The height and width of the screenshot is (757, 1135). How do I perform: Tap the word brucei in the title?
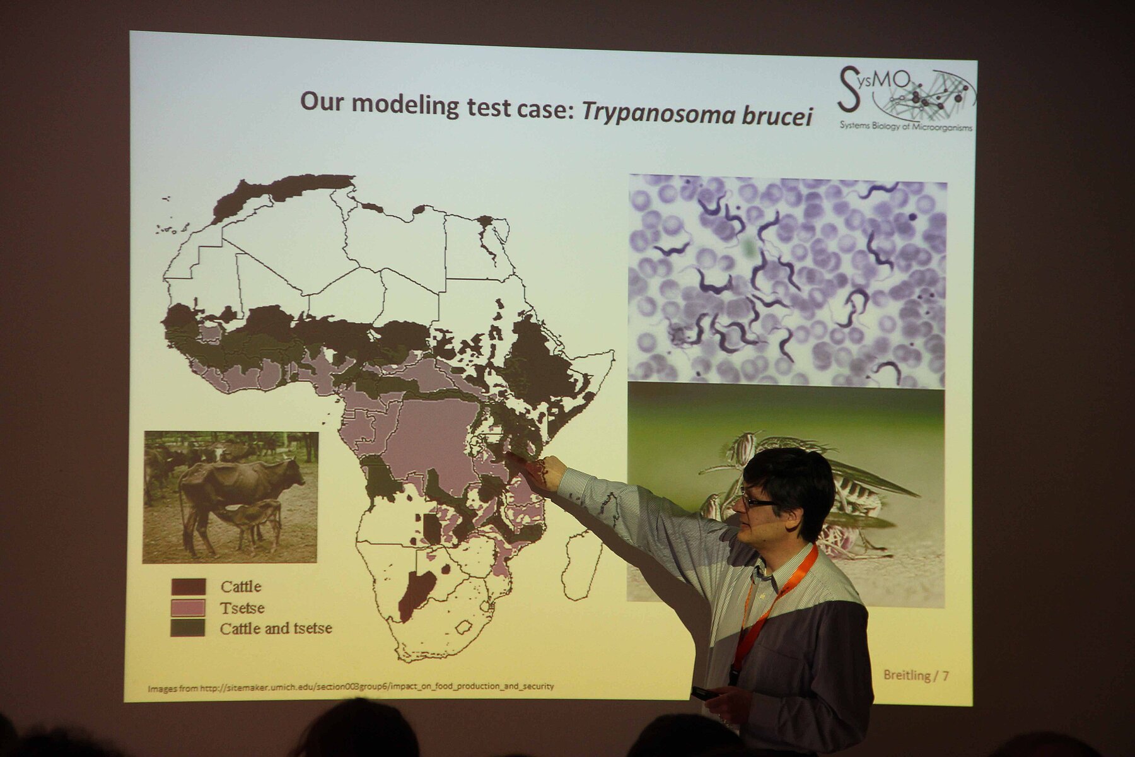[x=778, y=115]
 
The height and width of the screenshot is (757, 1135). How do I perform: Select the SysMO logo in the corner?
[x=907, y=98]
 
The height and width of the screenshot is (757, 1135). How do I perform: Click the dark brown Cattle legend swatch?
[x=188, y=587]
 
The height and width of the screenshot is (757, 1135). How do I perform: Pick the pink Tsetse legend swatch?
[x=188, y=608]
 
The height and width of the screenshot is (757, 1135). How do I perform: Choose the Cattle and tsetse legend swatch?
[x=188, y=628]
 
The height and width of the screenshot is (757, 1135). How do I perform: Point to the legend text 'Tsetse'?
[x=242, y=608]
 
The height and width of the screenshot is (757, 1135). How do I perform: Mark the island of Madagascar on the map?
[x=583, y=565]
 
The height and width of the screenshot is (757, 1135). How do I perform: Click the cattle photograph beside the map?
[x=230, y=496]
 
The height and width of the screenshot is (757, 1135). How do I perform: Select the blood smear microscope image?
[x=787, y=281]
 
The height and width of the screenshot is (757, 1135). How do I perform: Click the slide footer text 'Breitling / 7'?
[x=916, y=676]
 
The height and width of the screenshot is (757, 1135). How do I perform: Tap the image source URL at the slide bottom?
[x=351, y=686]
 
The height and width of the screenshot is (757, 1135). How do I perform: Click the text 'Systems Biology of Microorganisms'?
[x=905, y=126]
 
